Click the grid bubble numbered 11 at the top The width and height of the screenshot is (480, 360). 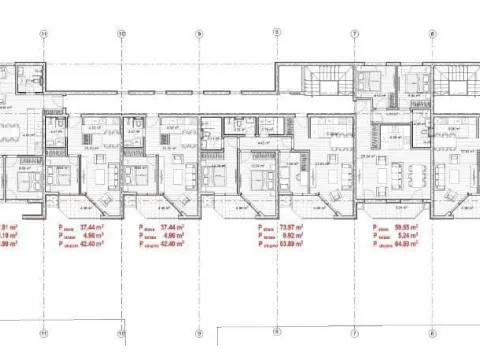44,33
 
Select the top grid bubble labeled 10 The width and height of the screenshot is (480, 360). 121,33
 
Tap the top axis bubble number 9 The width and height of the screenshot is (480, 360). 199,33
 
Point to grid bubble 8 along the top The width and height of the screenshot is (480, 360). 276,33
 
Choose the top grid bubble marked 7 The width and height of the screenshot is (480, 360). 354,33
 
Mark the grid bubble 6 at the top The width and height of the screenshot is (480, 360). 431,33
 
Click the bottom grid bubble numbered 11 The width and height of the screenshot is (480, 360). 44,332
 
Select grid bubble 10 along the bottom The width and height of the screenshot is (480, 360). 121,332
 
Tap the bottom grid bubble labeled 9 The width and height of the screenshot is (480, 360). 199,332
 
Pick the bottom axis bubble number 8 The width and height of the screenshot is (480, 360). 276,332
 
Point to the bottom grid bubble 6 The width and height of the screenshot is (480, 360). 431,332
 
